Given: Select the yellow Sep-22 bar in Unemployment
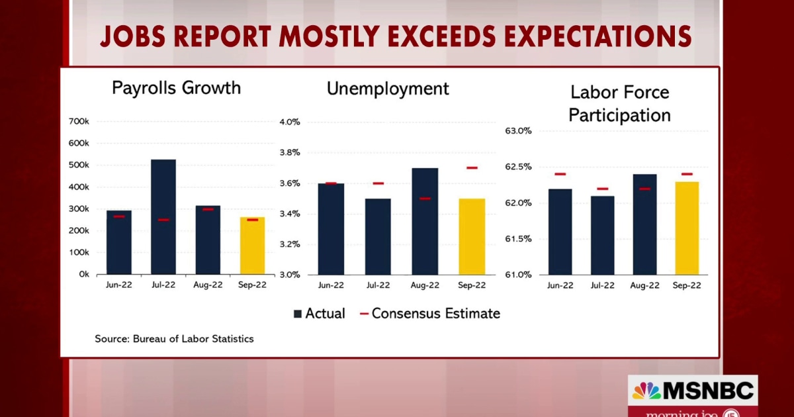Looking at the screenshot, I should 472,236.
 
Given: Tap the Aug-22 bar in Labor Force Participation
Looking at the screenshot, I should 644,224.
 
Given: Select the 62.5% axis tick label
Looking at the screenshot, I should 518,167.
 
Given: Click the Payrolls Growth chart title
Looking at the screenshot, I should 176,88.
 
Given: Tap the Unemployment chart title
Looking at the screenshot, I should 388,89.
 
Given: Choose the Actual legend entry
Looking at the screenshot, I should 319,313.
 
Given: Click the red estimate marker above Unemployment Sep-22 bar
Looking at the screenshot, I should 472,167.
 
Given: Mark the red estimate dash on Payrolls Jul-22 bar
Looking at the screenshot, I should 163,220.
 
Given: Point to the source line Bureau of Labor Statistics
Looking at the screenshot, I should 174,339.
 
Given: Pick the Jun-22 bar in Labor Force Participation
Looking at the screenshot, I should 560,232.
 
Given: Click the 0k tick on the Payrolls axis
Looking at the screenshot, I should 83,274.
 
